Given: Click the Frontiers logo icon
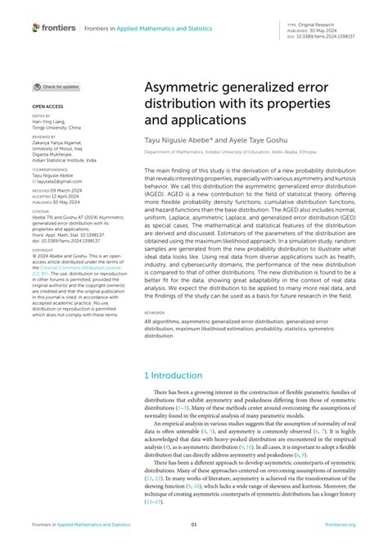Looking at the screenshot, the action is [37, 28].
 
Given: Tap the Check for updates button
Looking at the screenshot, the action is [56, 87].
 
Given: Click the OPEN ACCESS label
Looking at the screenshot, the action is [47, 107].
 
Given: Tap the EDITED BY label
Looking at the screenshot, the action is [42, 116].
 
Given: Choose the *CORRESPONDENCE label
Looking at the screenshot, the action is [49, 169].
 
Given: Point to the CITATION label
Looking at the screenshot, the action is [40, 211].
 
